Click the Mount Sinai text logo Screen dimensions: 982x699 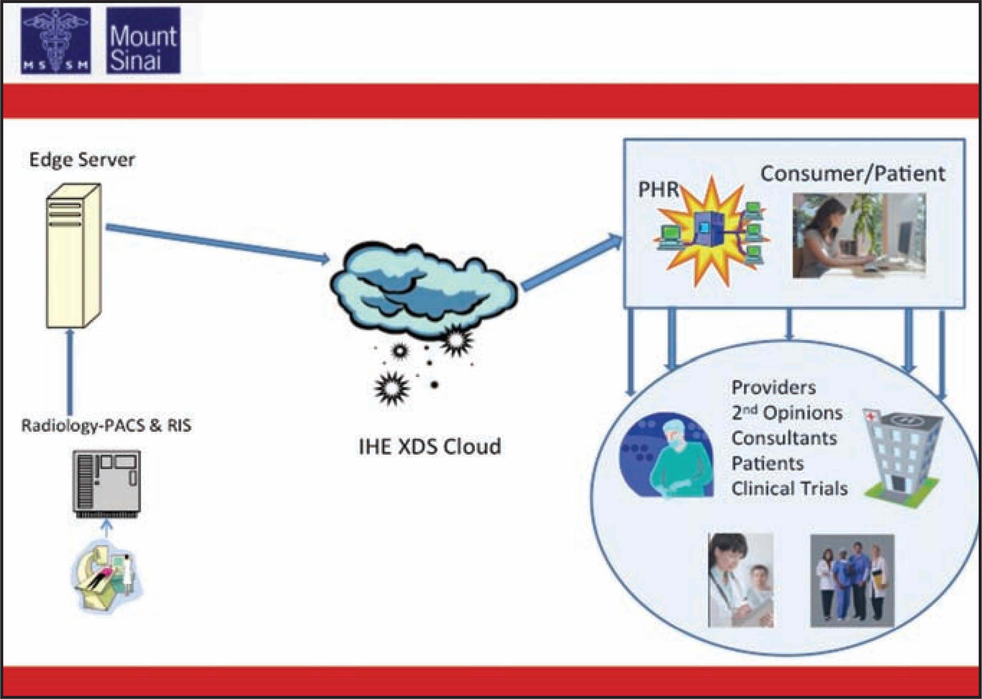[143, 40]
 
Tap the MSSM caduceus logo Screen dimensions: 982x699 [56, 40]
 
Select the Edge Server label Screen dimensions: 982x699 [82, 160]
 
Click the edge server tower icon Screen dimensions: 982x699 [74, 256]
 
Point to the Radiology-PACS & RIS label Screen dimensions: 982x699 [106, 426]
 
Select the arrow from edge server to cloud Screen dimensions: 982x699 [218, 243]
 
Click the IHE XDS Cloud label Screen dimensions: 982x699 [430, 446]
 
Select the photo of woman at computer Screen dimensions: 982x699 [859, 235]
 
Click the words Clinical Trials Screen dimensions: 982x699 [790, 489]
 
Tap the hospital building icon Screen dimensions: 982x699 [901, 458]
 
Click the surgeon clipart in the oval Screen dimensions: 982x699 [666, 455]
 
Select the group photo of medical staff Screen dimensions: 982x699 [852, 581]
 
